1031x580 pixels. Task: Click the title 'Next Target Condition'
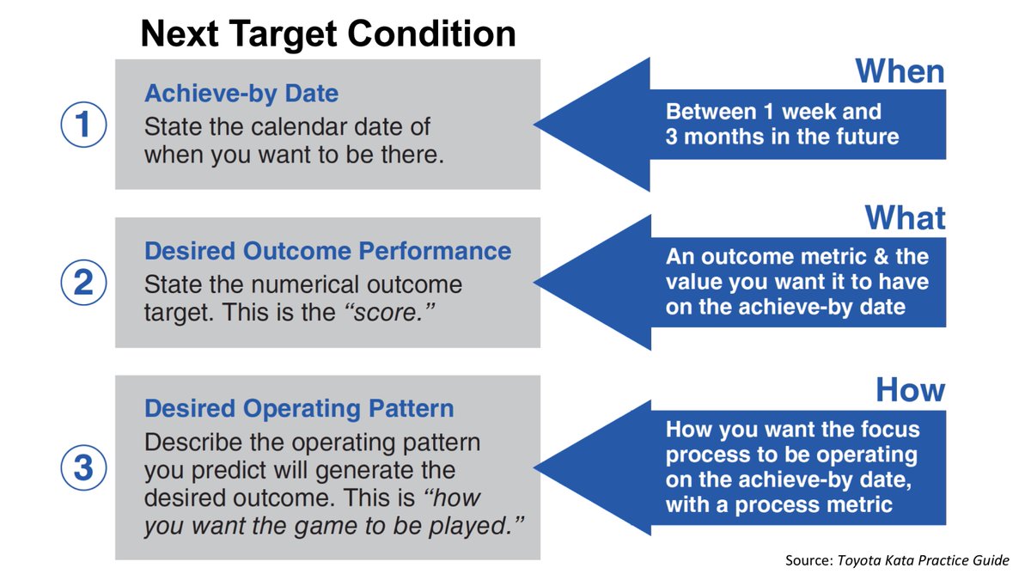click(x=328, y=34)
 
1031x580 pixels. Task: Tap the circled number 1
click(x=83, y=126)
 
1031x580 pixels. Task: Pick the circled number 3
click(x=83, y=468)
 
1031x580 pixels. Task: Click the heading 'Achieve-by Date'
click(x=241, y=93)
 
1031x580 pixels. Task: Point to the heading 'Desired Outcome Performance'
click(x=327, y=251)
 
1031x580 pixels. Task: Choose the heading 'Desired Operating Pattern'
click(x=299, y=408)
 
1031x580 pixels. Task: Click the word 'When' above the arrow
click(x=900, y=71)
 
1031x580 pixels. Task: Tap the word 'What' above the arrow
click(x=905, y=217)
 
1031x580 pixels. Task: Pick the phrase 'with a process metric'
click(x=778, y=504)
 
